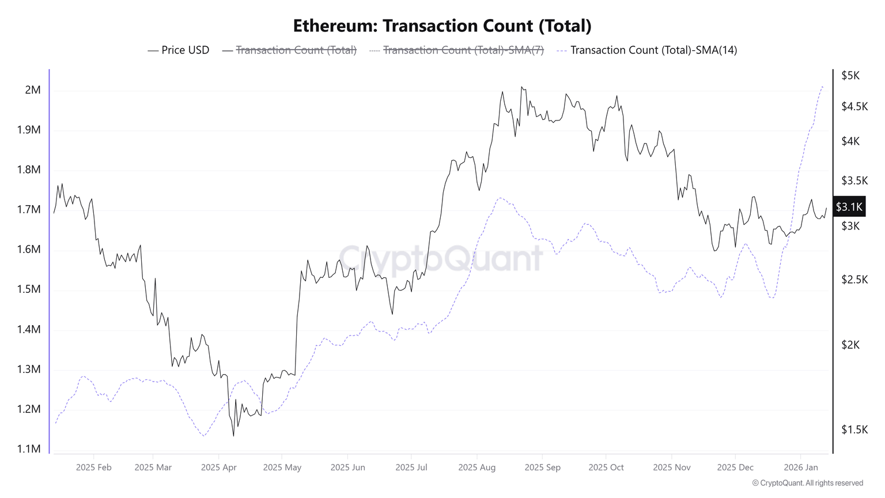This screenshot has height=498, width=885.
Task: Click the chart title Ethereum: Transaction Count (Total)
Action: tap(442, 26)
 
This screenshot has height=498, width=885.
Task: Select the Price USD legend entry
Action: tap(179, 50)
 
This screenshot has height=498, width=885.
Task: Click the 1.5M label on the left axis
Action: tap(29, 289)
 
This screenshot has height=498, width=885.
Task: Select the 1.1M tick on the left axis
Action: tap(29, 449)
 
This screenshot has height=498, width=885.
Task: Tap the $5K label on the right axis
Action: tap(850, 76)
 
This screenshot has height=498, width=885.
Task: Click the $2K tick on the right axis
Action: tap(850, 345)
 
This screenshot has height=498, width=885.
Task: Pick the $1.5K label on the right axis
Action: tap(854, 429)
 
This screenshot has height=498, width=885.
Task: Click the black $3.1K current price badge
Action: tap(849, 207)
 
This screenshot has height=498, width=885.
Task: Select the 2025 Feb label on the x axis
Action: tap(94, 467)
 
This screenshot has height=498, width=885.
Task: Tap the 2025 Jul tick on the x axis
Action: tap(411, 467)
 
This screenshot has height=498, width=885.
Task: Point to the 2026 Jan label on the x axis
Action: tap(801, 467)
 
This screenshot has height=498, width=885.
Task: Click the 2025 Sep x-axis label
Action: tap(542, 467)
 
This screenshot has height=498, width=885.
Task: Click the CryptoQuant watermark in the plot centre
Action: tap(441, 258)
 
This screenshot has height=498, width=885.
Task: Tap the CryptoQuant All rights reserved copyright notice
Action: tap(808, 483)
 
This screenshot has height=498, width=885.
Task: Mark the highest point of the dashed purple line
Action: tap(822, 86)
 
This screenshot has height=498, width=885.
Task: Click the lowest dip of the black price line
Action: tap(233, 436)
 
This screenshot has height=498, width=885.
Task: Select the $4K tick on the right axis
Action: tap(850, 141)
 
